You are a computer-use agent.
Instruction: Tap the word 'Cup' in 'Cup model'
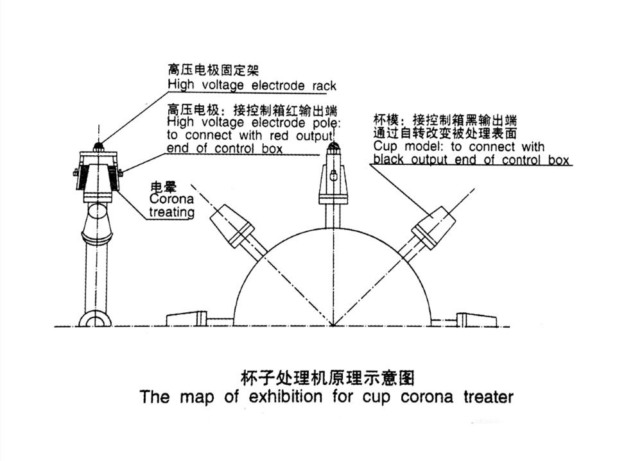(384, 147)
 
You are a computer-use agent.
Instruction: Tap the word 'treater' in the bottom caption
(488, 397)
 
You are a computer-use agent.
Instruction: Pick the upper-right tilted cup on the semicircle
(435, 223)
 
